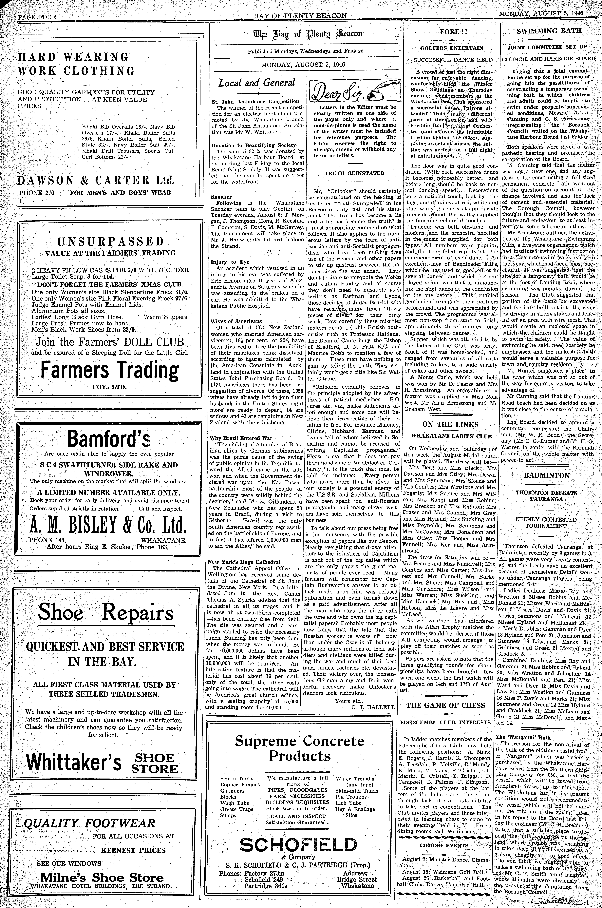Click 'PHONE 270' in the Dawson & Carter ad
point(37,193)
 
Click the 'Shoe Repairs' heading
point(106,613)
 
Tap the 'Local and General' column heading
point(257,83)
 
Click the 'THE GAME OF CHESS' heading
point(445,705)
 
